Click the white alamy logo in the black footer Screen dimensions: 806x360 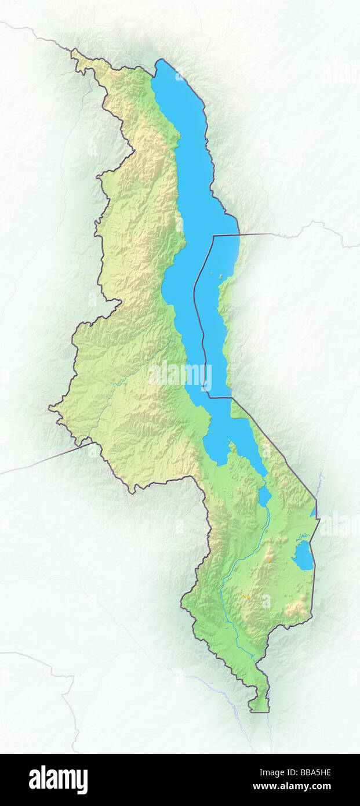point(58,779)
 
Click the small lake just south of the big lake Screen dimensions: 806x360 point(264,496)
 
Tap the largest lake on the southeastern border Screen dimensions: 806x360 point(303,556)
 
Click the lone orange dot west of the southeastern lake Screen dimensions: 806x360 point(271,561)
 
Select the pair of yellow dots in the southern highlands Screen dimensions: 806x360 point(246,596)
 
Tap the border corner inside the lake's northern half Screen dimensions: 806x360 point(213,236)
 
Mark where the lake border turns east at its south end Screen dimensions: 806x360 point(210,397)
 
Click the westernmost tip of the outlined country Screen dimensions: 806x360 point(49,408)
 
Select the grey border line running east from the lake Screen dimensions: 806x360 point(255,234)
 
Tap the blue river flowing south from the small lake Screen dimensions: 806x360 point(255,539)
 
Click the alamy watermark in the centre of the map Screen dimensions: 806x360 point(180,374)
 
